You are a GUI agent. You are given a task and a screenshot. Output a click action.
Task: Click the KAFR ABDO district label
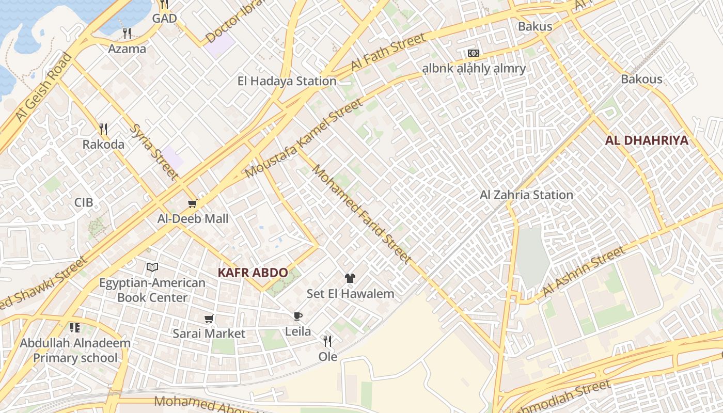[x=253, y=273]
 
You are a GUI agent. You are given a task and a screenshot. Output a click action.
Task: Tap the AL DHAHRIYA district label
[x=647, y=140]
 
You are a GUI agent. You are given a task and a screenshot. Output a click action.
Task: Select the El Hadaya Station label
[x=287, y=81]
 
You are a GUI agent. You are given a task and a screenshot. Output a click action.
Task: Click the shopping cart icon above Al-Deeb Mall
[x=192, y=204]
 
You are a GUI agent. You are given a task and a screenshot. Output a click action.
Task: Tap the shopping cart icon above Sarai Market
[x=209, y=319]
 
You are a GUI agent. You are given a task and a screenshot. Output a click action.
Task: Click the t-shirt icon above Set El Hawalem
[x=350, y=279]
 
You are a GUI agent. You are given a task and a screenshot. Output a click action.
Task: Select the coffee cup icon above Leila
[x=297, y=316]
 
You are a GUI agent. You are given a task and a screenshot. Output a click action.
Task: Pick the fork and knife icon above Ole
[x=327, y=341]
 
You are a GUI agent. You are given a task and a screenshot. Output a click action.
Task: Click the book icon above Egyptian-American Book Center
[x=152, y=267]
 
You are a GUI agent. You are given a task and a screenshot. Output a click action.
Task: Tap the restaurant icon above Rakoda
[x=103, y=129]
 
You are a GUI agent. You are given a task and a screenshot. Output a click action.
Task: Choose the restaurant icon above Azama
[x=127, y=34]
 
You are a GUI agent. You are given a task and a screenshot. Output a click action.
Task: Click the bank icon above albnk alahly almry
[x=473, y=53]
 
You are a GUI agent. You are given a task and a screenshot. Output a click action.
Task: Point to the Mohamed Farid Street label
[x=362, y=214]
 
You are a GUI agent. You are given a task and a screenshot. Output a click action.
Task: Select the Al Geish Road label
[x=43, y=87]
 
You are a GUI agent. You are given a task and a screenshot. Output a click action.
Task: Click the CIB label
[x=84, y=202]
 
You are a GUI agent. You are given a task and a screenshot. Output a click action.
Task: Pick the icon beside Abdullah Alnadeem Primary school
[x=75, y=328]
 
